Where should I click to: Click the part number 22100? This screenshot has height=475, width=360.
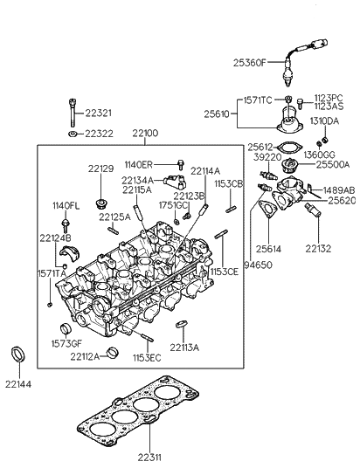click(145, 134)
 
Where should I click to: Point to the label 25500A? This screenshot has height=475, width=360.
click(332, 163)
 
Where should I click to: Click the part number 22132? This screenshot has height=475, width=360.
click(318, 249)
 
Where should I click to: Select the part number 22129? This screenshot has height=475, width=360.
click(101, 169)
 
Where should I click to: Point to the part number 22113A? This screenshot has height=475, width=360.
click(184, 348)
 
